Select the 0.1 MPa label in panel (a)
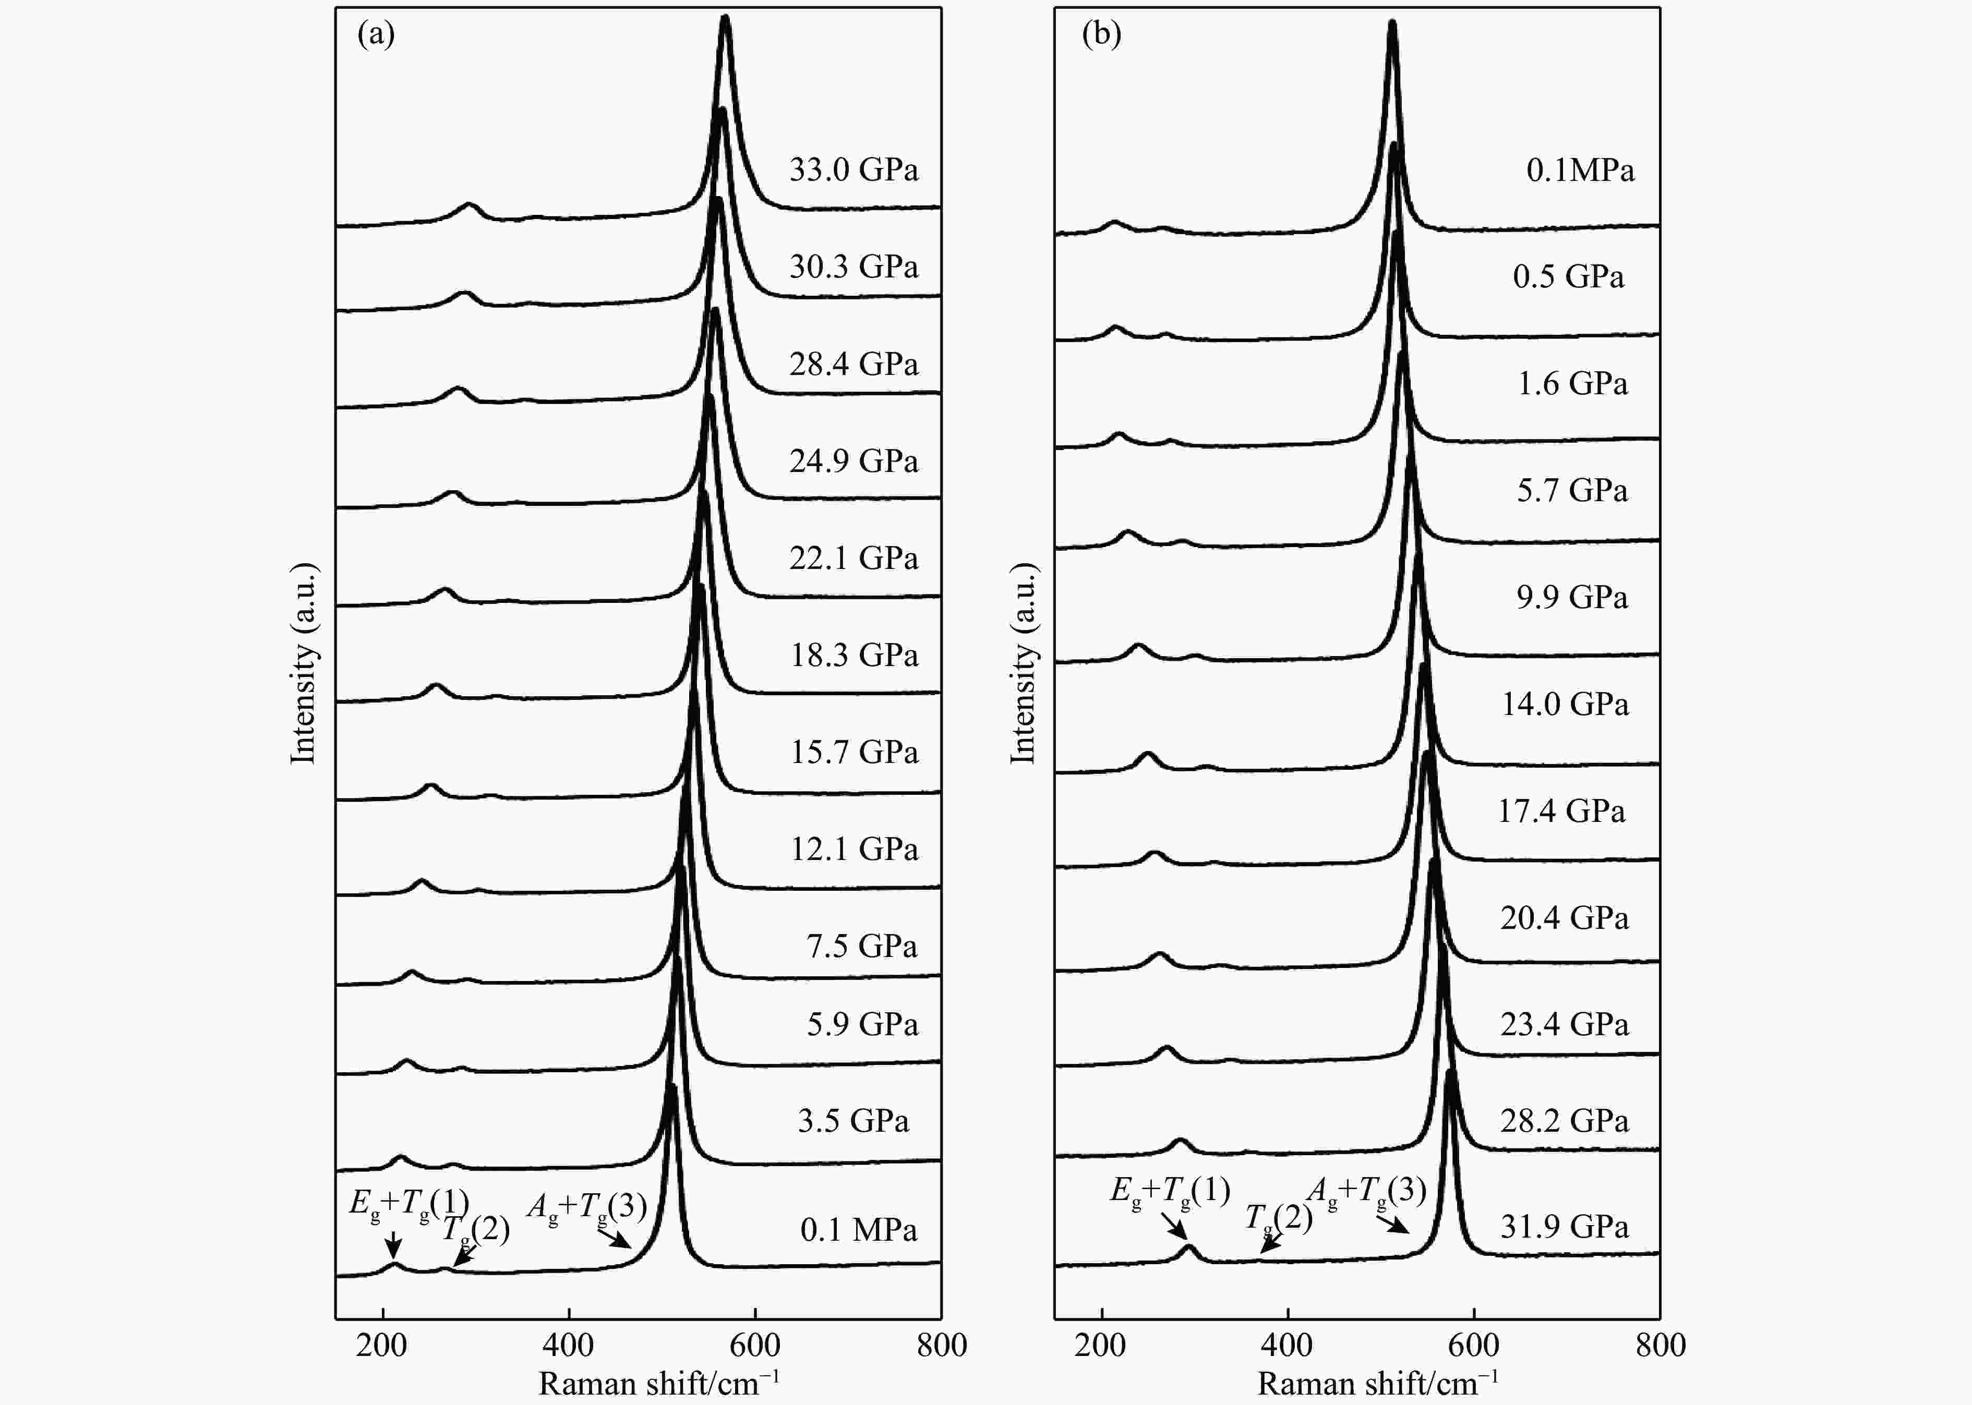click(858, 1229)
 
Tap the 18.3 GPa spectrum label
click(853, 655)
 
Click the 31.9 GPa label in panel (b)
click(1564, 1226)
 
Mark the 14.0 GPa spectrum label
click(1565, 704)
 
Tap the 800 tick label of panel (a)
click(941, 1346)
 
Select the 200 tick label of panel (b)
click(1101, 1346)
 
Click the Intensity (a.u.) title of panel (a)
click(304, 663)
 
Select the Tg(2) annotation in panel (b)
click(1279, 1218)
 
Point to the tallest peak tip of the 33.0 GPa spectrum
click(725, 19)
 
